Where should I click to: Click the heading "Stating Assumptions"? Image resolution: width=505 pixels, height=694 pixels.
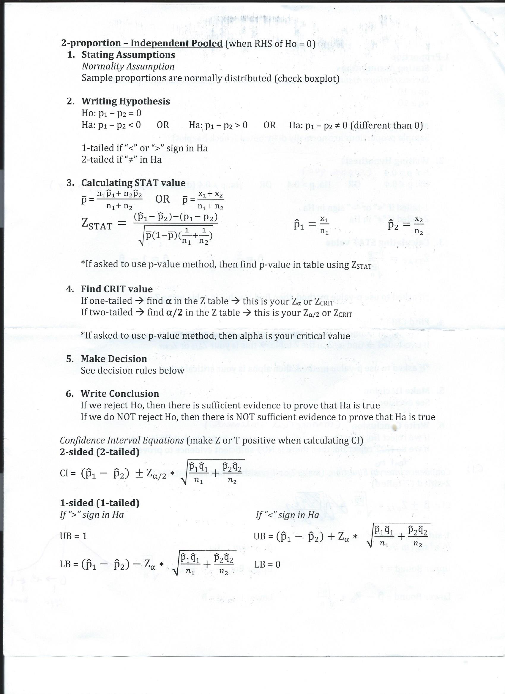(128, 55)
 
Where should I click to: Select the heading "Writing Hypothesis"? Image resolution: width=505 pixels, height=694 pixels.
(125, 101)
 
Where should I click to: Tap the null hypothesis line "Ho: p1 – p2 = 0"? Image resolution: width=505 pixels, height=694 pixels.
(111, 113)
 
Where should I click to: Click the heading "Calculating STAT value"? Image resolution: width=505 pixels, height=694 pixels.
(133, 183)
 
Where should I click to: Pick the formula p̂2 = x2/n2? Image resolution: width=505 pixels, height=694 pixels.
(405, 226)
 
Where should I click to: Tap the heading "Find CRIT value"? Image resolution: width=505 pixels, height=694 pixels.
(117, 289)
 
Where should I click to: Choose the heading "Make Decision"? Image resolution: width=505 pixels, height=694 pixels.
(113, 359)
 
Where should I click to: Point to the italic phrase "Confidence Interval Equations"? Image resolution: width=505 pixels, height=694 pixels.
(122, 440)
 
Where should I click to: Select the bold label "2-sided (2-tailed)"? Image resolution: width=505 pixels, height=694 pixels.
(100, 452)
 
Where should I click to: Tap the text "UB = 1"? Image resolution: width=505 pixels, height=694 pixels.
(73, 536)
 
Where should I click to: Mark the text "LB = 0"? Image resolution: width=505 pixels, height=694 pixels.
(267, 564)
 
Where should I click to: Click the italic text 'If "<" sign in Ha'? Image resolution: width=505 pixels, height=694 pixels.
(287, 515)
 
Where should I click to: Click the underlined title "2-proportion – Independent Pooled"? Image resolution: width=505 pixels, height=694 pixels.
(142, 43)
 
